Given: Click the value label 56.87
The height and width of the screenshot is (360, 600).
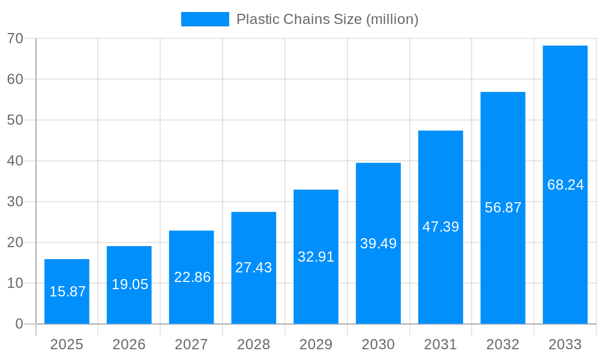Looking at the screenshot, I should point(503,208).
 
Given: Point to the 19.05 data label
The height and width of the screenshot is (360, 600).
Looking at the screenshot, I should point(130,284).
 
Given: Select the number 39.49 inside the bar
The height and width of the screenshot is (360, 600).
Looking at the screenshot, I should point(378,244).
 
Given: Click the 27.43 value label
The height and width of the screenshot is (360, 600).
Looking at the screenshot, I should point(253,268).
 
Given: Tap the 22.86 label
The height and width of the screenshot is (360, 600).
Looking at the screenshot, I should point(192,277).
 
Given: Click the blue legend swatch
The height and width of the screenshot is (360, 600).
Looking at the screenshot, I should point(205,19).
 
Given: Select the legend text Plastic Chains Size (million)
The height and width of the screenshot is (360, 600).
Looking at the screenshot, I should point(327,19).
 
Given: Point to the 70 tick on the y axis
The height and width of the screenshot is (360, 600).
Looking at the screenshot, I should point(15,38).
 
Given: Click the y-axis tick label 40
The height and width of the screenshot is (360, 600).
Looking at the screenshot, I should point(15,161).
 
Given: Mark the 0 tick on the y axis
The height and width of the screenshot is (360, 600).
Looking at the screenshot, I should point(19,324).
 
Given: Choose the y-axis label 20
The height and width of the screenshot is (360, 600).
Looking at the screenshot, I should point(15,242).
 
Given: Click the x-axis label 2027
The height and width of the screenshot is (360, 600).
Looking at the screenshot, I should point(191,344).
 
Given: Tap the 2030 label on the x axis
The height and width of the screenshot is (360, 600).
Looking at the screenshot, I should point(378,344).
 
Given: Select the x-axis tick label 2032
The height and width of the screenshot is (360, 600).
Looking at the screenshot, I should point(503,344).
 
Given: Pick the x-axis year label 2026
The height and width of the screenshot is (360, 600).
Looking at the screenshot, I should point(129,344).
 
